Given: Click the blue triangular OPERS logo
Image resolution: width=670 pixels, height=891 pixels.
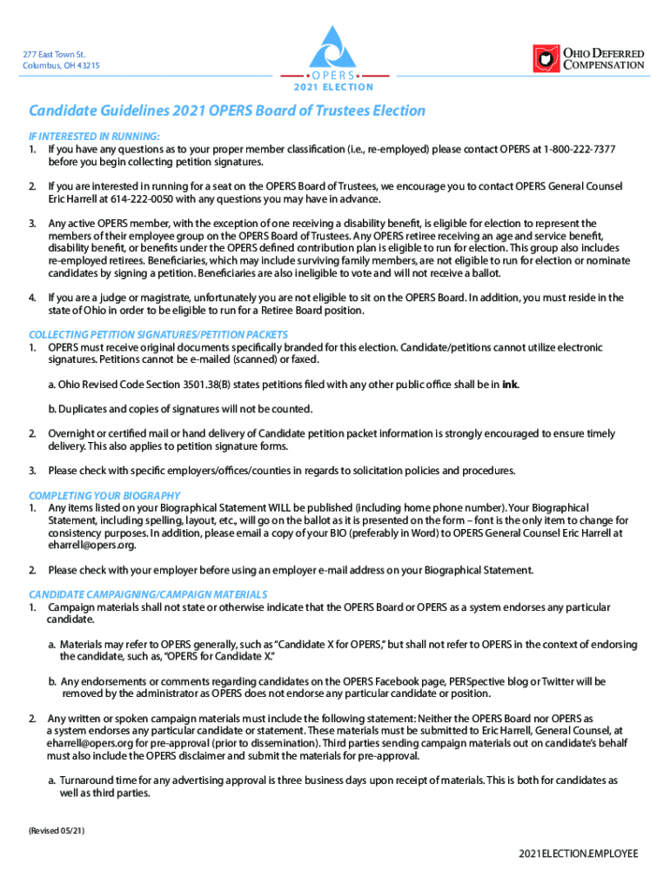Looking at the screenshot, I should [x=334, y=47].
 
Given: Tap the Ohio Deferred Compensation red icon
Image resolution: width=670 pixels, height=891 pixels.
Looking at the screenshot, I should [x=546, y=58].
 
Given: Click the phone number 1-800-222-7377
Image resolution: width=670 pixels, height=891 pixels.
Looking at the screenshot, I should [x=580, y=150].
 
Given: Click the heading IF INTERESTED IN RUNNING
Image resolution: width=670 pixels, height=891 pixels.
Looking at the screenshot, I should [x=94, y=137].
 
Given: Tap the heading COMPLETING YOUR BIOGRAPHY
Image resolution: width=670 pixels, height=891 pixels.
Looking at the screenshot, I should [x=104, y=495].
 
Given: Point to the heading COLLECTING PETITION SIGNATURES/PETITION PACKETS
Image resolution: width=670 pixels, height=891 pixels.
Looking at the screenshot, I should [x=158, y=334].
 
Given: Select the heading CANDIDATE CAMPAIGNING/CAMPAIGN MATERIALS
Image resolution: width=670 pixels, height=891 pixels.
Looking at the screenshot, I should [x=148, y=594].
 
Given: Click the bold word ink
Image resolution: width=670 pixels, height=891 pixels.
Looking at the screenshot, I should [x=511, y=385].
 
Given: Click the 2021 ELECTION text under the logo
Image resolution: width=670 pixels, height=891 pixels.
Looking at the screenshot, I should [x=333, y=87].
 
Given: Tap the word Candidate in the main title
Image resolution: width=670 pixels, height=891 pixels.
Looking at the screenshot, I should [x=62, y=111].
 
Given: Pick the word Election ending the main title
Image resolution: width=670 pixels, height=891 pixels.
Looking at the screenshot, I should [x=397, y=111].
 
